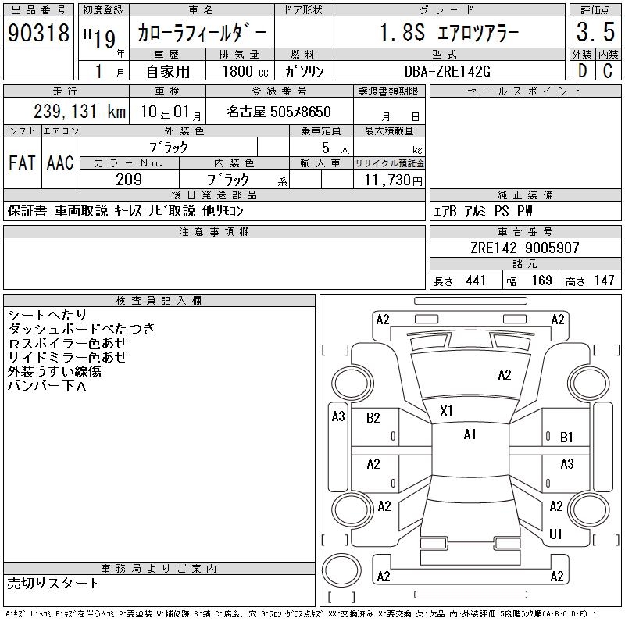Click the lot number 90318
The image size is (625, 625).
[x=38, y=33]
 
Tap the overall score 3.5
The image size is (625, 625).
[x=595, y=32]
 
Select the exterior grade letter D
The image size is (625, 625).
[x=582, y=71]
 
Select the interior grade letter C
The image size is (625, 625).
[x=608, y=71]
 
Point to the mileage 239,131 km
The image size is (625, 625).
[x=80, y=112]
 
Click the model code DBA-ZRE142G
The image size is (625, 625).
[x=448, y=71]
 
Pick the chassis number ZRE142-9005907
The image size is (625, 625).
[x=524, y=248]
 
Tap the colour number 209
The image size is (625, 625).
[x=129, y=180]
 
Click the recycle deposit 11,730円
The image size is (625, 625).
[x=393, y=180]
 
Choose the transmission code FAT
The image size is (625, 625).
[x=22, y=162]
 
